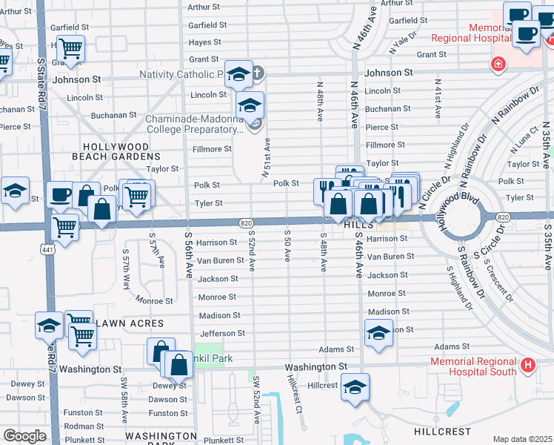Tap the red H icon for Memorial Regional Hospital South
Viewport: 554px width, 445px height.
[x=527, y=365]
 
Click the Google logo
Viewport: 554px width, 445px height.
[x=24, y=435]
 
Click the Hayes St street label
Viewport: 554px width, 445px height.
[x=206, y=42]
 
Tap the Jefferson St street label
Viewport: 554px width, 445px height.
[x=221, y=334]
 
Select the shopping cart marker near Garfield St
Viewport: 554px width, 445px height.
[x=70, y=48]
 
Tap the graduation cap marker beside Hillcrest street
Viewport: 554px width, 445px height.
[x=356, y=387]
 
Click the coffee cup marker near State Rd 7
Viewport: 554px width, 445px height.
[x=60, y=195]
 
